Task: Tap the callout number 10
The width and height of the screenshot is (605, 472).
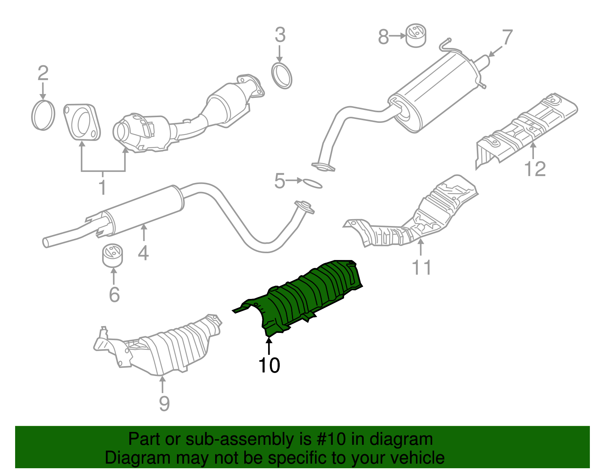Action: (x=269, y=365)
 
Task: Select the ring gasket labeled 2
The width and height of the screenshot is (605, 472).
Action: (x=43, y=115)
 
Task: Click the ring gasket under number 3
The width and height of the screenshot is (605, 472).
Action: (x=282, y=76)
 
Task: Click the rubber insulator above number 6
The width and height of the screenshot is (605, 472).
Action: (x=113, y=255)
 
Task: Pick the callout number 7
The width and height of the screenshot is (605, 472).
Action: (x=507, y=37)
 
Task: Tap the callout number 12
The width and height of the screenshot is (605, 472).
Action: (x=535, y=169)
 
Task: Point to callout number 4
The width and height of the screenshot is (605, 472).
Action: (x=143, y=253)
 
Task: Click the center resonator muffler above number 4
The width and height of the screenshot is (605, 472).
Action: (x=144, y=210)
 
